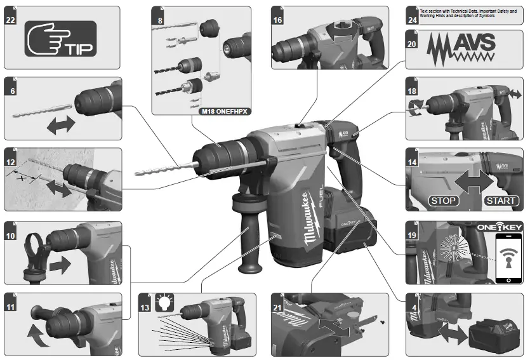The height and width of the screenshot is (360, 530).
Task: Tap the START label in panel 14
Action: [x=501, y=201]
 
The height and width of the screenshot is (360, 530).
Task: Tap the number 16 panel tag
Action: [x=277, y=20]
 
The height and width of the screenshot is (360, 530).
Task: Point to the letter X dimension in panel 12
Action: [x=24, y=179]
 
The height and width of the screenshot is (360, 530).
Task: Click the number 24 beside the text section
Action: [x=412, y=20]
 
